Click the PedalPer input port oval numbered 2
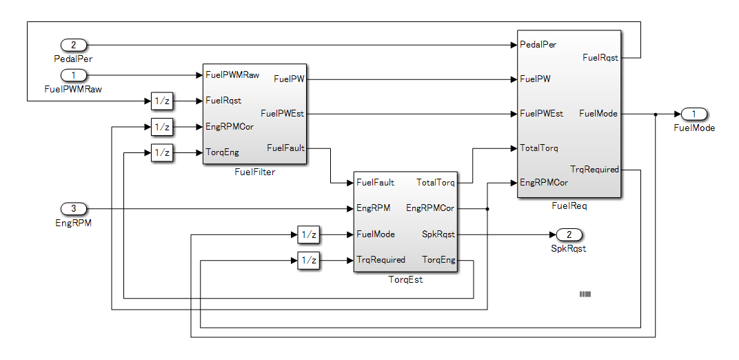74,45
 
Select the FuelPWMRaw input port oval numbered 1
74,74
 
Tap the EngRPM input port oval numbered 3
74,208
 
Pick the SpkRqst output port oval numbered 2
569,234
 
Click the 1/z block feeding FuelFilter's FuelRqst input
162,101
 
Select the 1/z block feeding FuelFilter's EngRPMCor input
162,127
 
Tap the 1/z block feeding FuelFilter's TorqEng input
162,152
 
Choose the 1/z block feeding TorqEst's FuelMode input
309,234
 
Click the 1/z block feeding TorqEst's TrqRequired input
309,261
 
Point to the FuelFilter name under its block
254,172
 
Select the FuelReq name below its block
569,206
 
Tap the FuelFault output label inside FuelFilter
285,148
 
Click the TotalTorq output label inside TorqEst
436,183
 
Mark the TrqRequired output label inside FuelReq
594,169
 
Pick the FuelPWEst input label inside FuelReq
542,114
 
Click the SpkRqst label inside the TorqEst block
438,234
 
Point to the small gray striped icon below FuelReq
585,294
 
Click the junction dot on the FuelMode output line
656,114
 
